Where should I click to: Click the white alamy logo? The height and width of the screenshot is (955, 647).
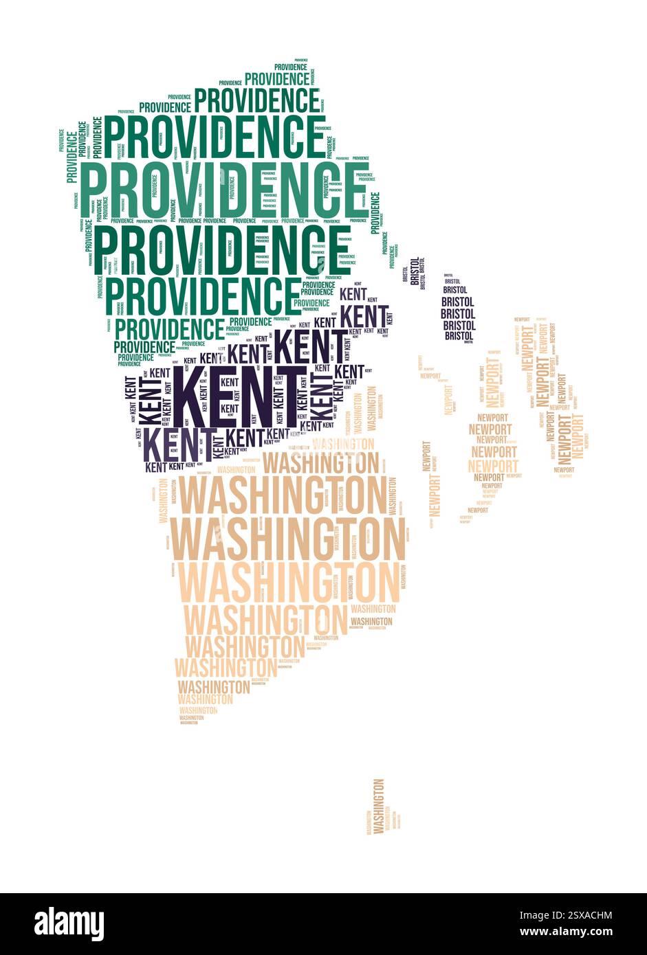click(69, 924)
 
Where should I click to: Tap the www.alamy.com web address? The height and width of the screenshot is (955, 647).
click(566, 932)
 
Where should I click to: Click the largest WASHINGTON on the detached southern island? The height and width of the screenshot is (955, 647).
click(378, 806)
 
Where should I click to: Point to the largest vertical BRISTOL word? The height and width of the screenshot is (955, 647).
click(415, 271)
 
